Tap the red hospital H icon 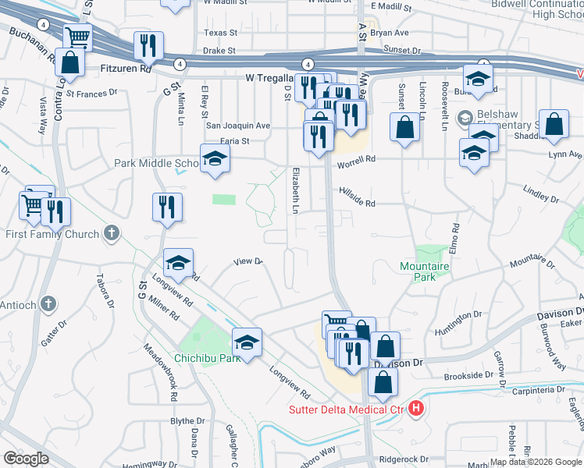tap(416, 408)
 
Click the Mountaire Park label tap(425, 271)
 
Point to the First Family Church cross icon tap(112, 233)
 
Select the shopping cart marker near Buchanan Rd tap(77, 37)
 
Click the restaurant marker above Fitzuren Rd tap(148, 46)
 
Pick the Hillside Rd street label tap(357, 203)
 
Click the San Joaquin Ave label tap(237, 125)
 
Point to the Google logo tap(26, 459)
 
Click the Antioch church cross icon tap(48, 303)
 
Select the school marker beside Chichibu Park tap(247, 342)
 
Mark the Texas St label tap(219, 33)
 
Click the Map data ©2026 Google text tap(535, 462)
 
